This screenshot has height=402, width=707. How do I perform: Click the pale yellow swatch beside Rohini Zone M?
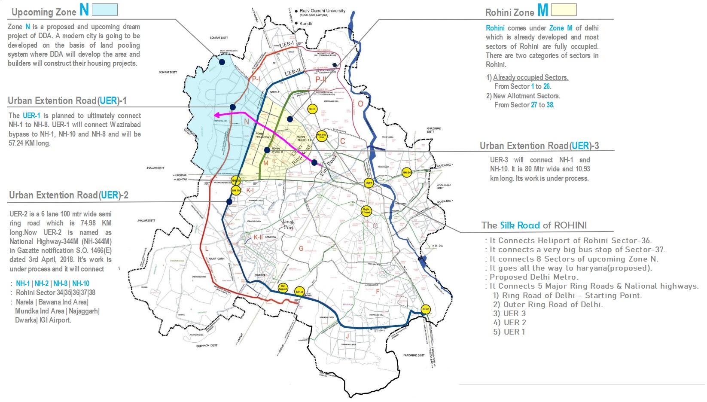(564, 9)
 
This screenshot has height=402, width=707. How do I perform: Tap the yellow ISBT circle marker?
(369, 183)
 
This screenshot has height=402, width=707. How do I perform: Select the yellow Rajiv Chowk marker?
(365, 211)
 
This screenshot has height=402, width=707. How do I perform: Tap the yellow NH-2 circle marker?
(425, 309)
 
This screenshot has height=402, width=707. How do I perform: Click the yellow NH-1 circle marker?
(312, 110)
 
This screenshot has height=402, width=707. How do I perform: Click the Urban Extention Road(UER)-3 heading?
(539, 146)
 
